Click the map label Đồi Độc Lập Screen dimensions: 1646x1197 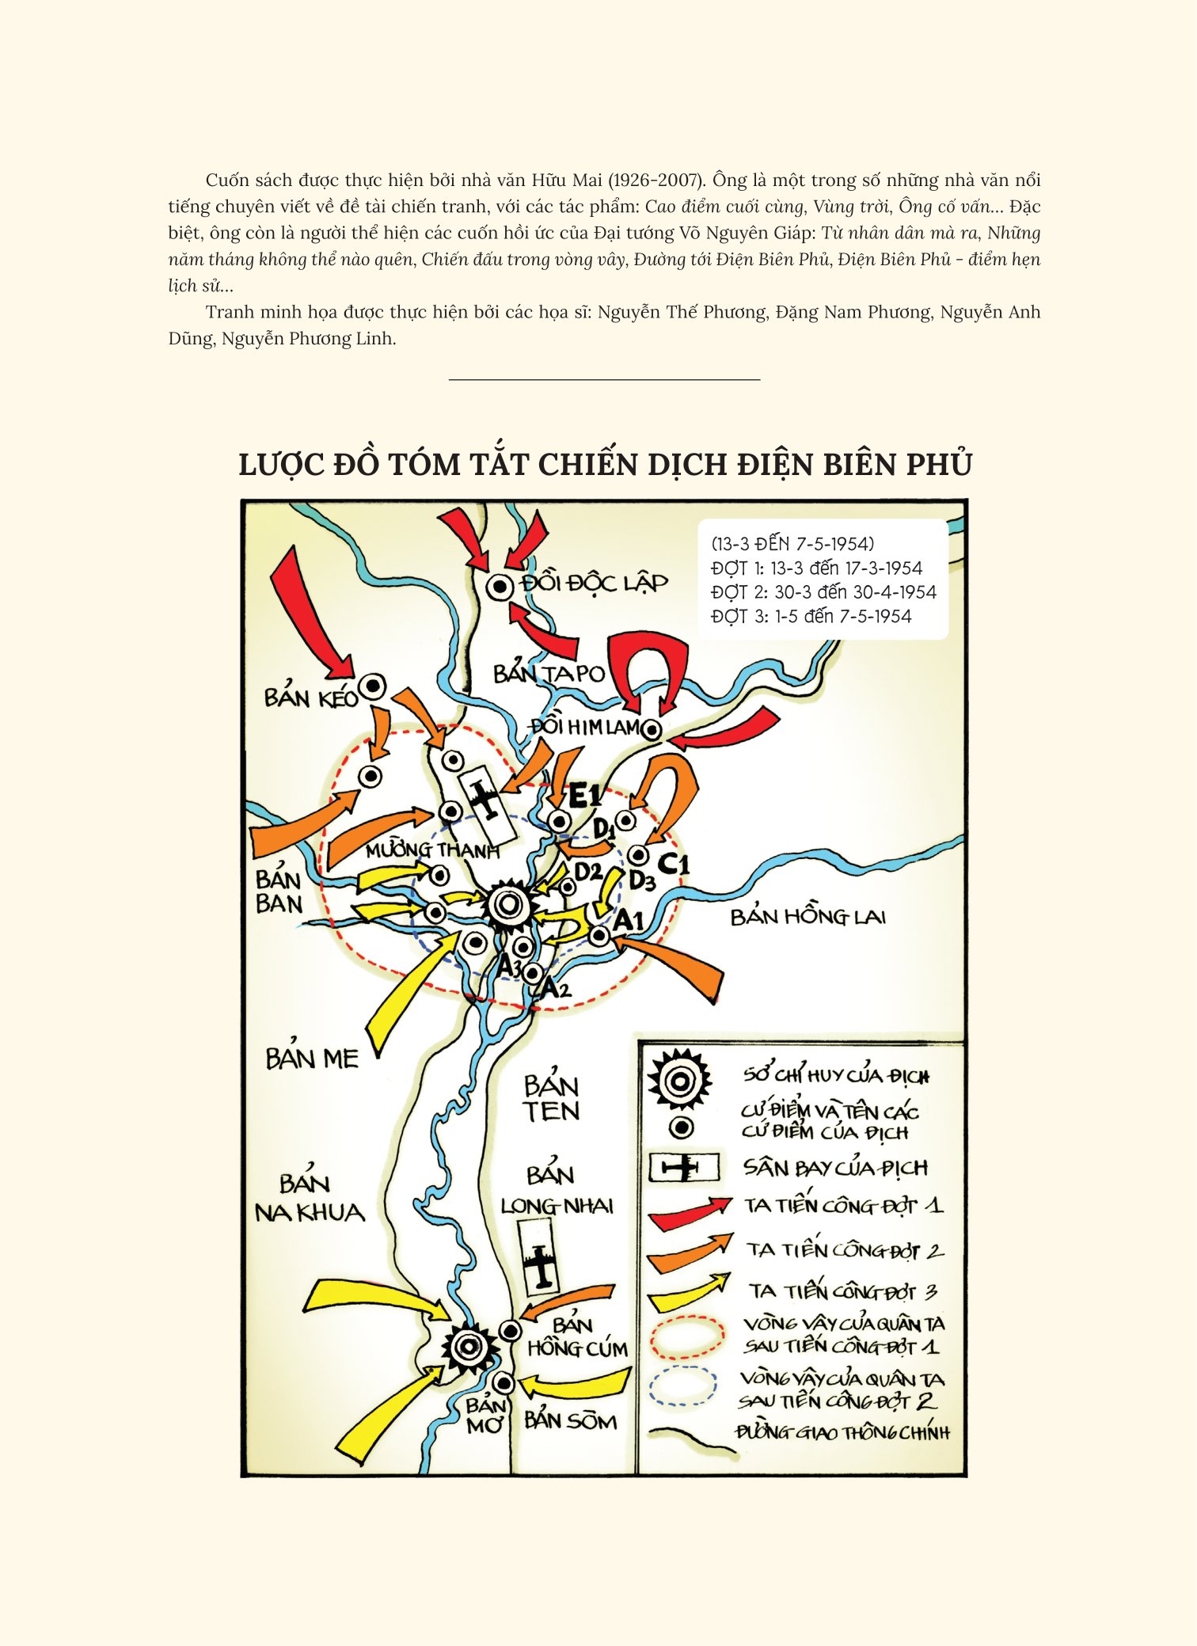[x=595, y=583]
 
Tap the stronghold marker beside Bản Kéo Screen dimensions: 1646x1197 [x=373, y=686]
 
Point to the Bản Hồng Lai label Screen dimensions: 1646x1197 [x=807, y=917]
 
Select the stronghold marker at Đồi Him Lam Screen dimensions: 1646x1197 [x=651, y=730]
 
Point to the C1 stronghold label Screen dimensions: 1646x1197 [x=673, y=863]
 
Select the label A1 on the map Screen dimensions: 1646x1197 [x=629, y=921]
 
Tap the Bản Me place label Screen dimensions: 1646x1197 [x=312, y=1059]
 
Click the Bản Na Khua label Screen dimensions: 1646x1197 [x=309, y=1199]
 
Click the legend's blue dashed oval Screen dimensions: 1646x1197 [x=682, y=1386]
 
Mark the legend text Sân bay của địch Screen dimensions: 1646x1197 [x=835, y=1168]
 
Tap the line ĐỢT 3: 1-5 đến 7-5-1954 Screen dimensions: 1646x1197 [x=811, y=616]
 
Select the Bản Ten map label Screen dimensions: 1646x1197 [x=551, y=1099]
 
